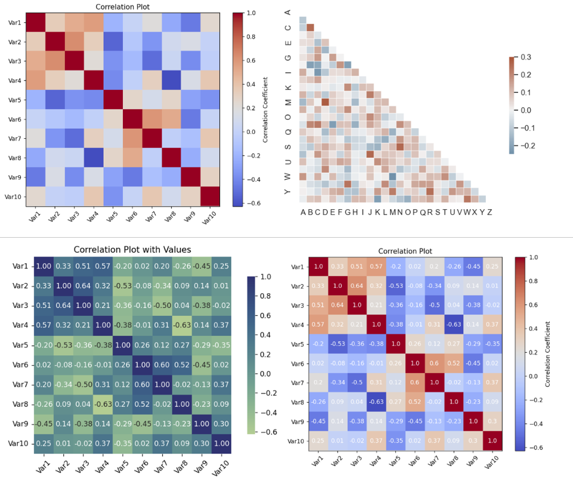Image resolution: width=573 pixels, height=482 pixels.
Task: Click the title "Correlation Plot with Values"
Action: click(132, 250)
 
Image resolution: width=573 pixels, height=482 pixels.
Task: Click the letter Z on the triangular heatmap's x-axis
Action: click(490, 212)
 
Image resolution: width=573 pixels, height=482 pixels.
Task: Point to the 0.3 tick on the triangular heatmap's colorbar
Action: click(525, 58)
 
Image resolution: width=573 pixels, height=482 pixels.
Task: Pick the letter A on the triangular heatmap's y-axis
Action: click(288, 13)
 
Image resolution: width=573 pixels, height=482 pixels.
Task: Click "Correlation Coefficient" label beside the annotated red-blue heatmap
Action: click(547, 354)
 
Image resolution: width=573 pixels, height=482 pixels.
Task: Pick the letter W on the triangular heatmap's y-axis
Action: click(288, 176)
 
